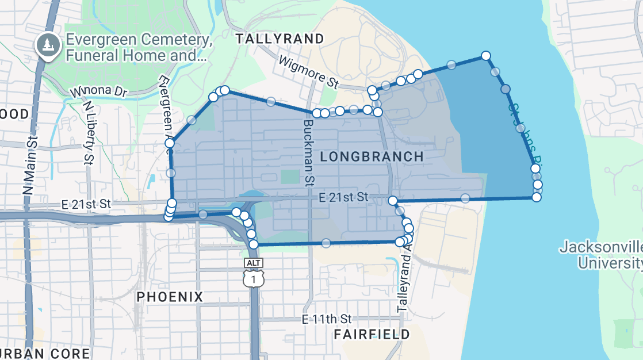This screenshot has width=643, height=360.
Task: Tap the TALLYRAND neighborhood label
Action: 280,39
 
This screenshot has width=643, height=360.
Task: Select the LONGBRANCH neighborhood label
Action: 372,156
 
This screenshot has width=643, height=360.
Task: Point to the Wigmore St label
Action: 308,72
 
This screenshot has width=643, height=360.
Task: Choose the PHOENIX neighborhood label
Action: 170,297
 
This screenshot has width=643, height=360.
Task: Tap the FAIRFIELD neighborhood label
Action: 372,334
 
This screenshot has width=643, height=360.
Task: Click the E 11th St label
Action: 327,319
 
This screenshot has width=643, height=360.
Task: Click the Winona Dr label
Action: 98,92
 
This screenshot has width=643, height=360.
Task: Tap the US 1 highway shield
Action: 253,279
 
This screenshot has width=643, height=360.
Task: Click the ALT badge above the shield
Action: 253,263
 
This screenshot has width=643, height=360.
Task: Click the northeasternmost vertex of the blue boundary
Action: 485,56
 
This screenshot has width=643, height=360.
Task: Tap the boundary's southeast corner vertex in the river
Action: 536,197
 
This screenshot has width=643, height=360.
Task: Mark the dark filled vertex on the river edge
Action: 506,89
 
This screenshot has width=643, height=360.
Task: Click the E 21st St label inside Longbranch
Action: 343,197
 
